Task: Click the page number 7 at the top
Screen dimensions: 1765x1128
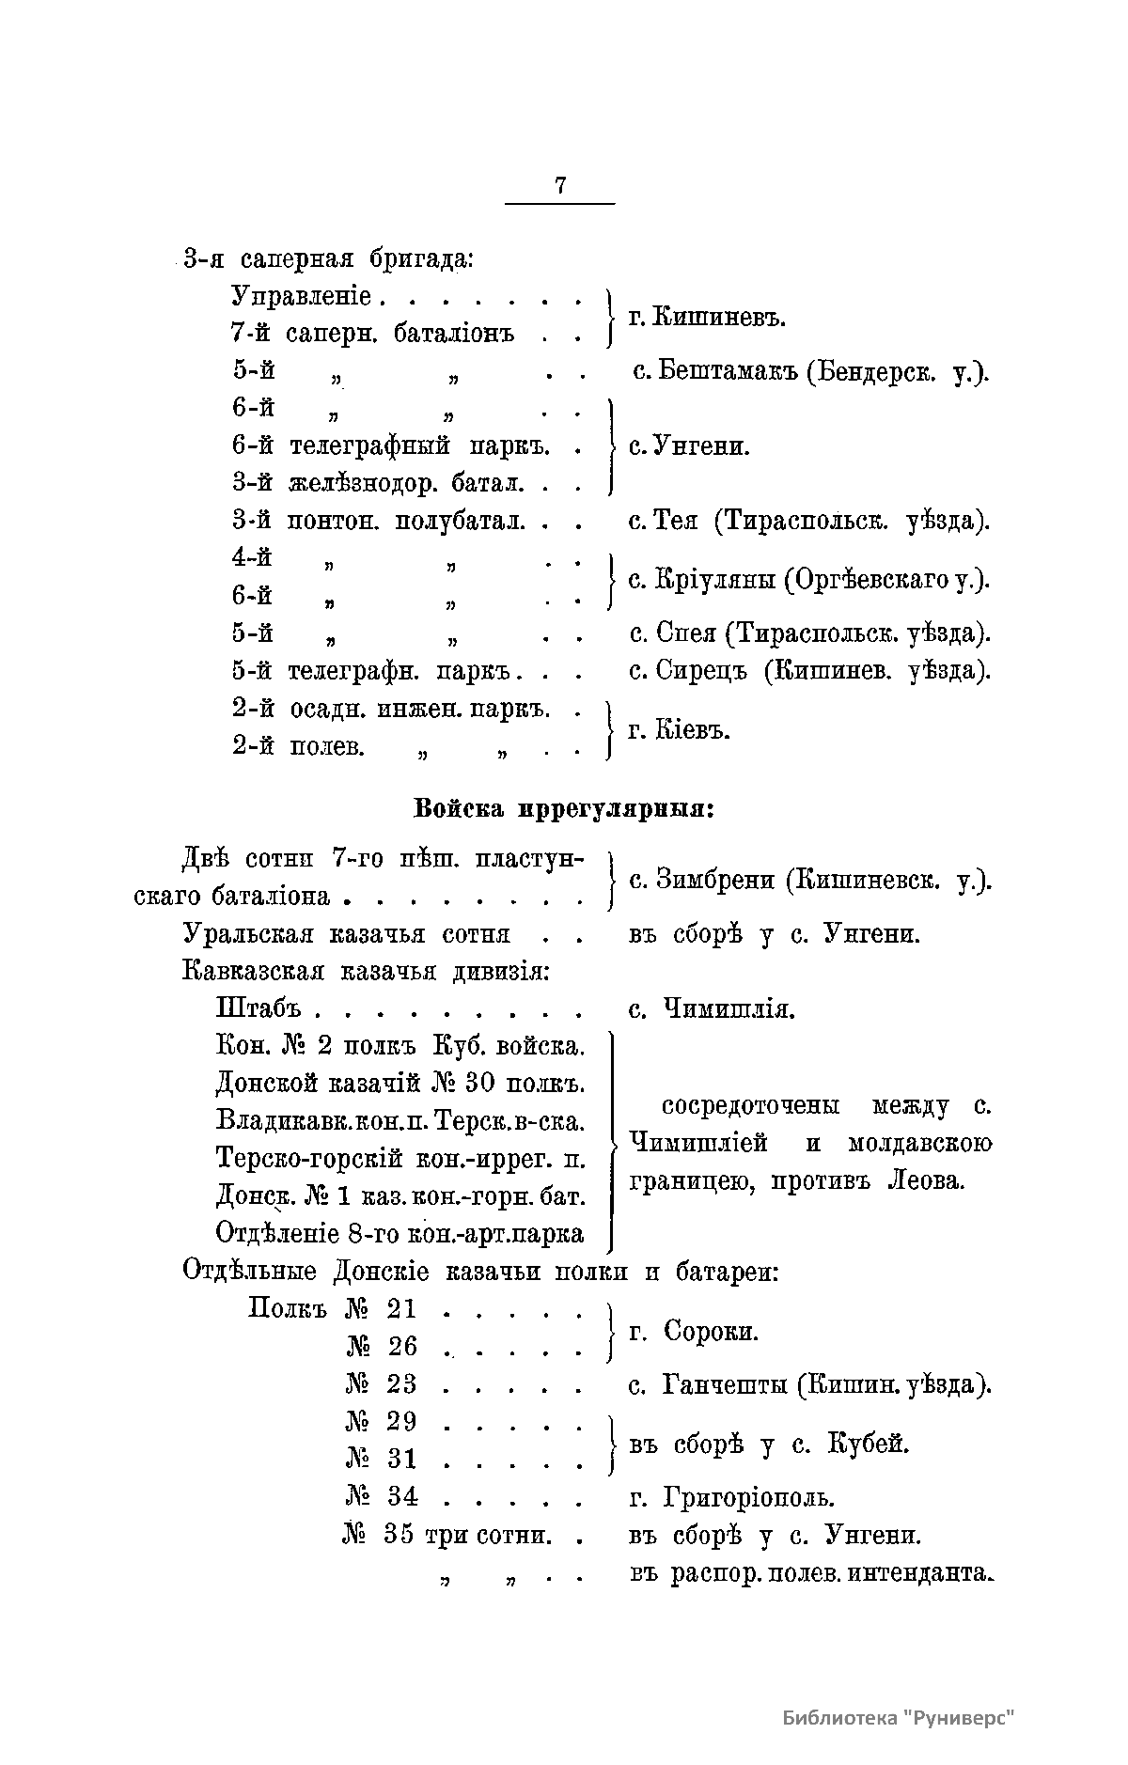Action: (560, 185)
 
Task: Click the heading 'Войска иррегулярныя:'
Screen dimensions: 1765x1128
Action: (564, 808)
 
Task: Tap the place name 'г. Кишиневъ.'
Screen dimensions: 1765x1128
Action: (706, 318)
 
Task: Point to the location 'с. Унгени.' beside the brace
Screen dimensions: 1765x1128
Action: (689, 446)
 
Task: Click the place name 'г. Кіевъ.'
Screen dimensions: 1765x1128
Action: (679, 730)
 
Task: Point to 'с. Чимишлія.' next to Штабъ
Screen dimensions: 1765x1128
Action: (712, 1009)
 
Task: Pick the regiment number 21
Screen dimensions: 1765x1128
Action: (401, 1309)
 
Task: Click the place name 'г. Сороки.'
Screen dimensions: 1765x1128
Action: (693, 1331)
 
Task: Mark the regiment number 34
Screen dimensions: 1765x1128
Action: (402, 1495)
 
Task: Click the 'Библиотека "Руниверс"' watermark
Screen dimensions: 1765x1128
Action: (899, 1717)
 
